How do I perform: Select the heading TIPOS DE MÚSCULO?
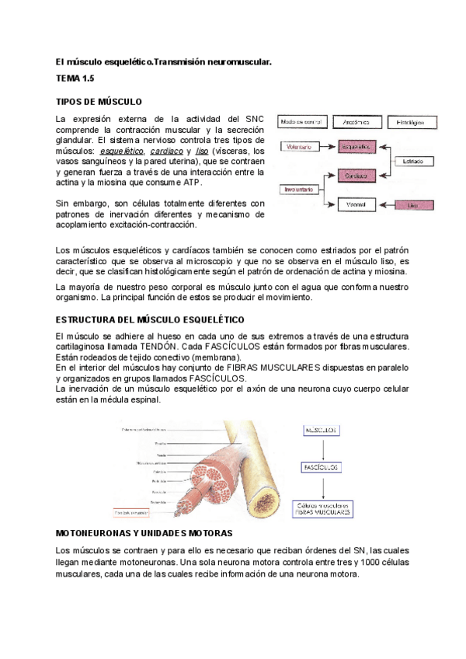coord(99,102)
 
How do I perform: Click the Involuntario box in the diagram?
coord(299,189)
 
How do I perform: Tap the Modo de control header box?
coord(301,122)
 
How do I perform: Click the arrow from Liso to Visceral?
coord(386,204)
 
